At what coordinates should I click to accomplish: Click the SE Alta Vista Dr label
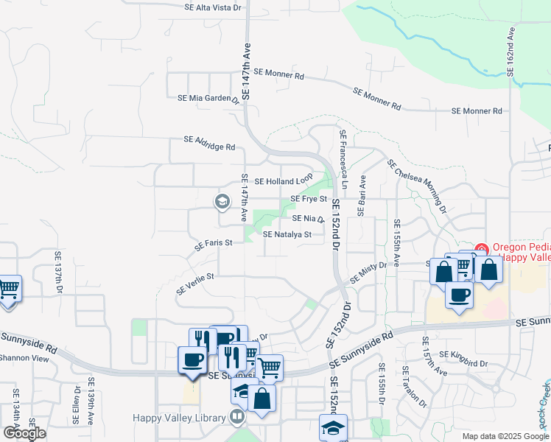[x=213, y=7]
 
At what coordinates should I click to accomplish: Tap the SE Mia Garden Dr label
[x=208, y=98]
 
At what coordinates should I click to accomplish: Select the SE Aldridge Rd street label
[x=209, y=142]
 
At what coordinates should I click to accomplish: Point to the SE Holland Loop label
[x=284, y=181]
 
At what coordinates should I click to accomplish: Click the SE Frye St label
[x=308, y=199]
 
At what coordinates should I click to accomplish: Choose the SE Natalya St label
[x=288, y=235]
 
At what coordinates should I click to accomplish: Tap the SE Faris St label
[x=214, y=243]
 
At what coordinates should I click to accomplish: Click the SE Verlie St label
[x=194, y=282]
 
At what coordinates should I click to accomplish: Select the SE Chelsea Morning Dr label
[x=416, y=186]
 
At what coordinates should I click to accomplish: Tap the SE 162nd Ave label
[x=510, y=53]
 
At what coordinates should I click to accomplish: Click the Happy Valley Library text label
[x=178, y=418]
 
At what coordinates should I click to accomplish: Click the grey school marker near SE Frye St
[x=222, y=200]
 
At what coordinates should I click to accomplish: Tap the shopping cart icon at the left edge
[x=9, y=288]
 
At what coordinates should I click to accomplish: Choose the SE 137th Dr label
[x=58, y=273]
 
